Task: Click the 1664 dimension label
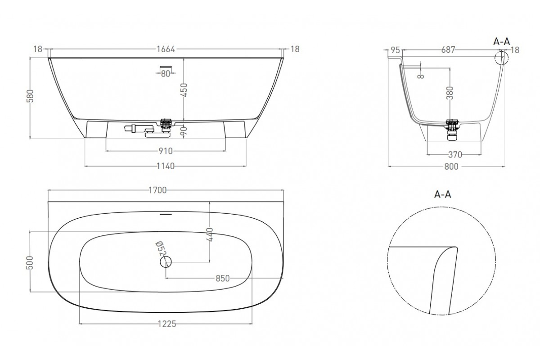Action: pos(166,49)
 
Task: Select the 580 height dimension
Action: pos(30,96)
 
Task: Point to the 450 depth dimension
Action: pos(184,90)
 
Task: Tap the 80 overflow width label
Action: pos(166,74)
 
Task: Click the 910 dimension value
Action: pos(166,151)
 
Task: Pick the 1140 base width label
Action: pos(166,166)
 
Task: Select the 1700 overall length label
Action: pos(157,190)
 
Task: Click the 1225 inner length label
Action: pos(167,324)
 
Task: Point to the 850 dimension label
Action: pos(222,279)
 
